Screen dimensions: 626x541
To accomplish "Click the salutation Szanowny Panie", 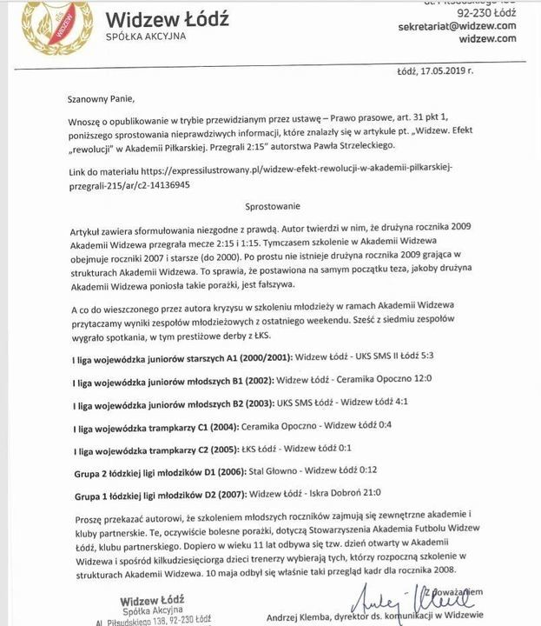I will [x=102, y=99].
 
